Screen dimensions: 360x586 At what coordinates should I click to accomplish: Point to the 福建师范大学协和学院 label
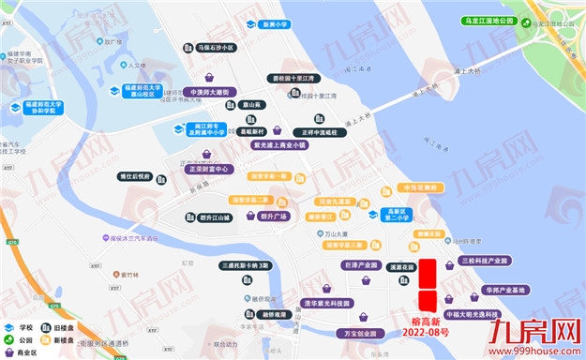[x=43, y=107]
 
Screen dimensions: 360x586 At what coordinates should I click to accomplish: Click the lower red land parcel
[x=428, y=301]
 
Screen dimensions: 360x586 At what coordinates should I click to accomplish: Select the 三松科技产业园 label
[x=482, y=261]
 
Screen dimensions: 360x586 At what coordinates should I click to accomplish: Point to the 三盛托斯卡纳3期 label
[x=246, y=265]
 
